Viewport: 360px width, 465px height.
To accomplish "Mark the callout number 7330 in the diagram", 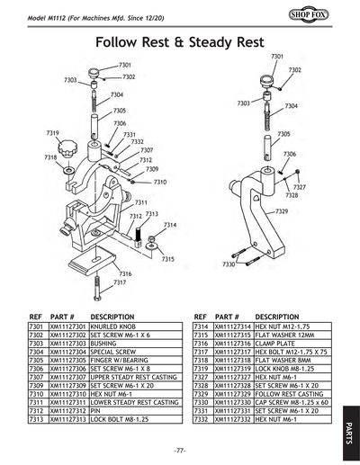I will pos(229,264).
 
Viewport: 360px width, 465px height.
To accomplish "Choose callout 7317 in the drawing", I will pos(119,282).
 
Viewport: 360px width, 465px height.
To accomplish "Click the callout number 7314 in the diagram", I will pos(169,224).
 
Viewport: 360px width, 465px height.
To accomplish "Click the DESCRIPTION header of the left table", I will pos(112,317).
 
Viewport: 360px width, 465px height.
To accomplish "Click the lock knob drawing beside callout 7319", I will pos(70,147).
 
